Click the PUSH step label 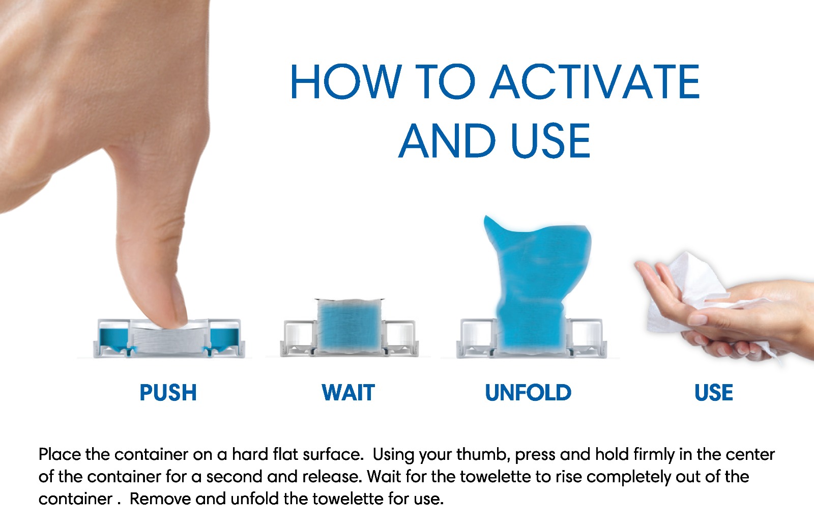tap(168, 393)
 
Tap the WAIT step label tap(348, 393)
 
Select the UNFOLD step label tap(528, 393)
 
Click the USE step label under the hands tap(714, 393)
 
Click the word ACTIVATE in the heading tap(595, 82)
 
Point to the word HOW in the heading tap(346, 82)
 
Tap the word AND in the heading tap(447, 140)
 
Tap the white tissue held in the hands tap(690, 290)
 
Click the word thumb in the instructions tap(484, 455)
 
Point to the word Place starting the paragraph tap(60, 455)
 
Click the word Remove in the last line tap(160, 499)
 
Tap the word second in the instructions tap(235, 476)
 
